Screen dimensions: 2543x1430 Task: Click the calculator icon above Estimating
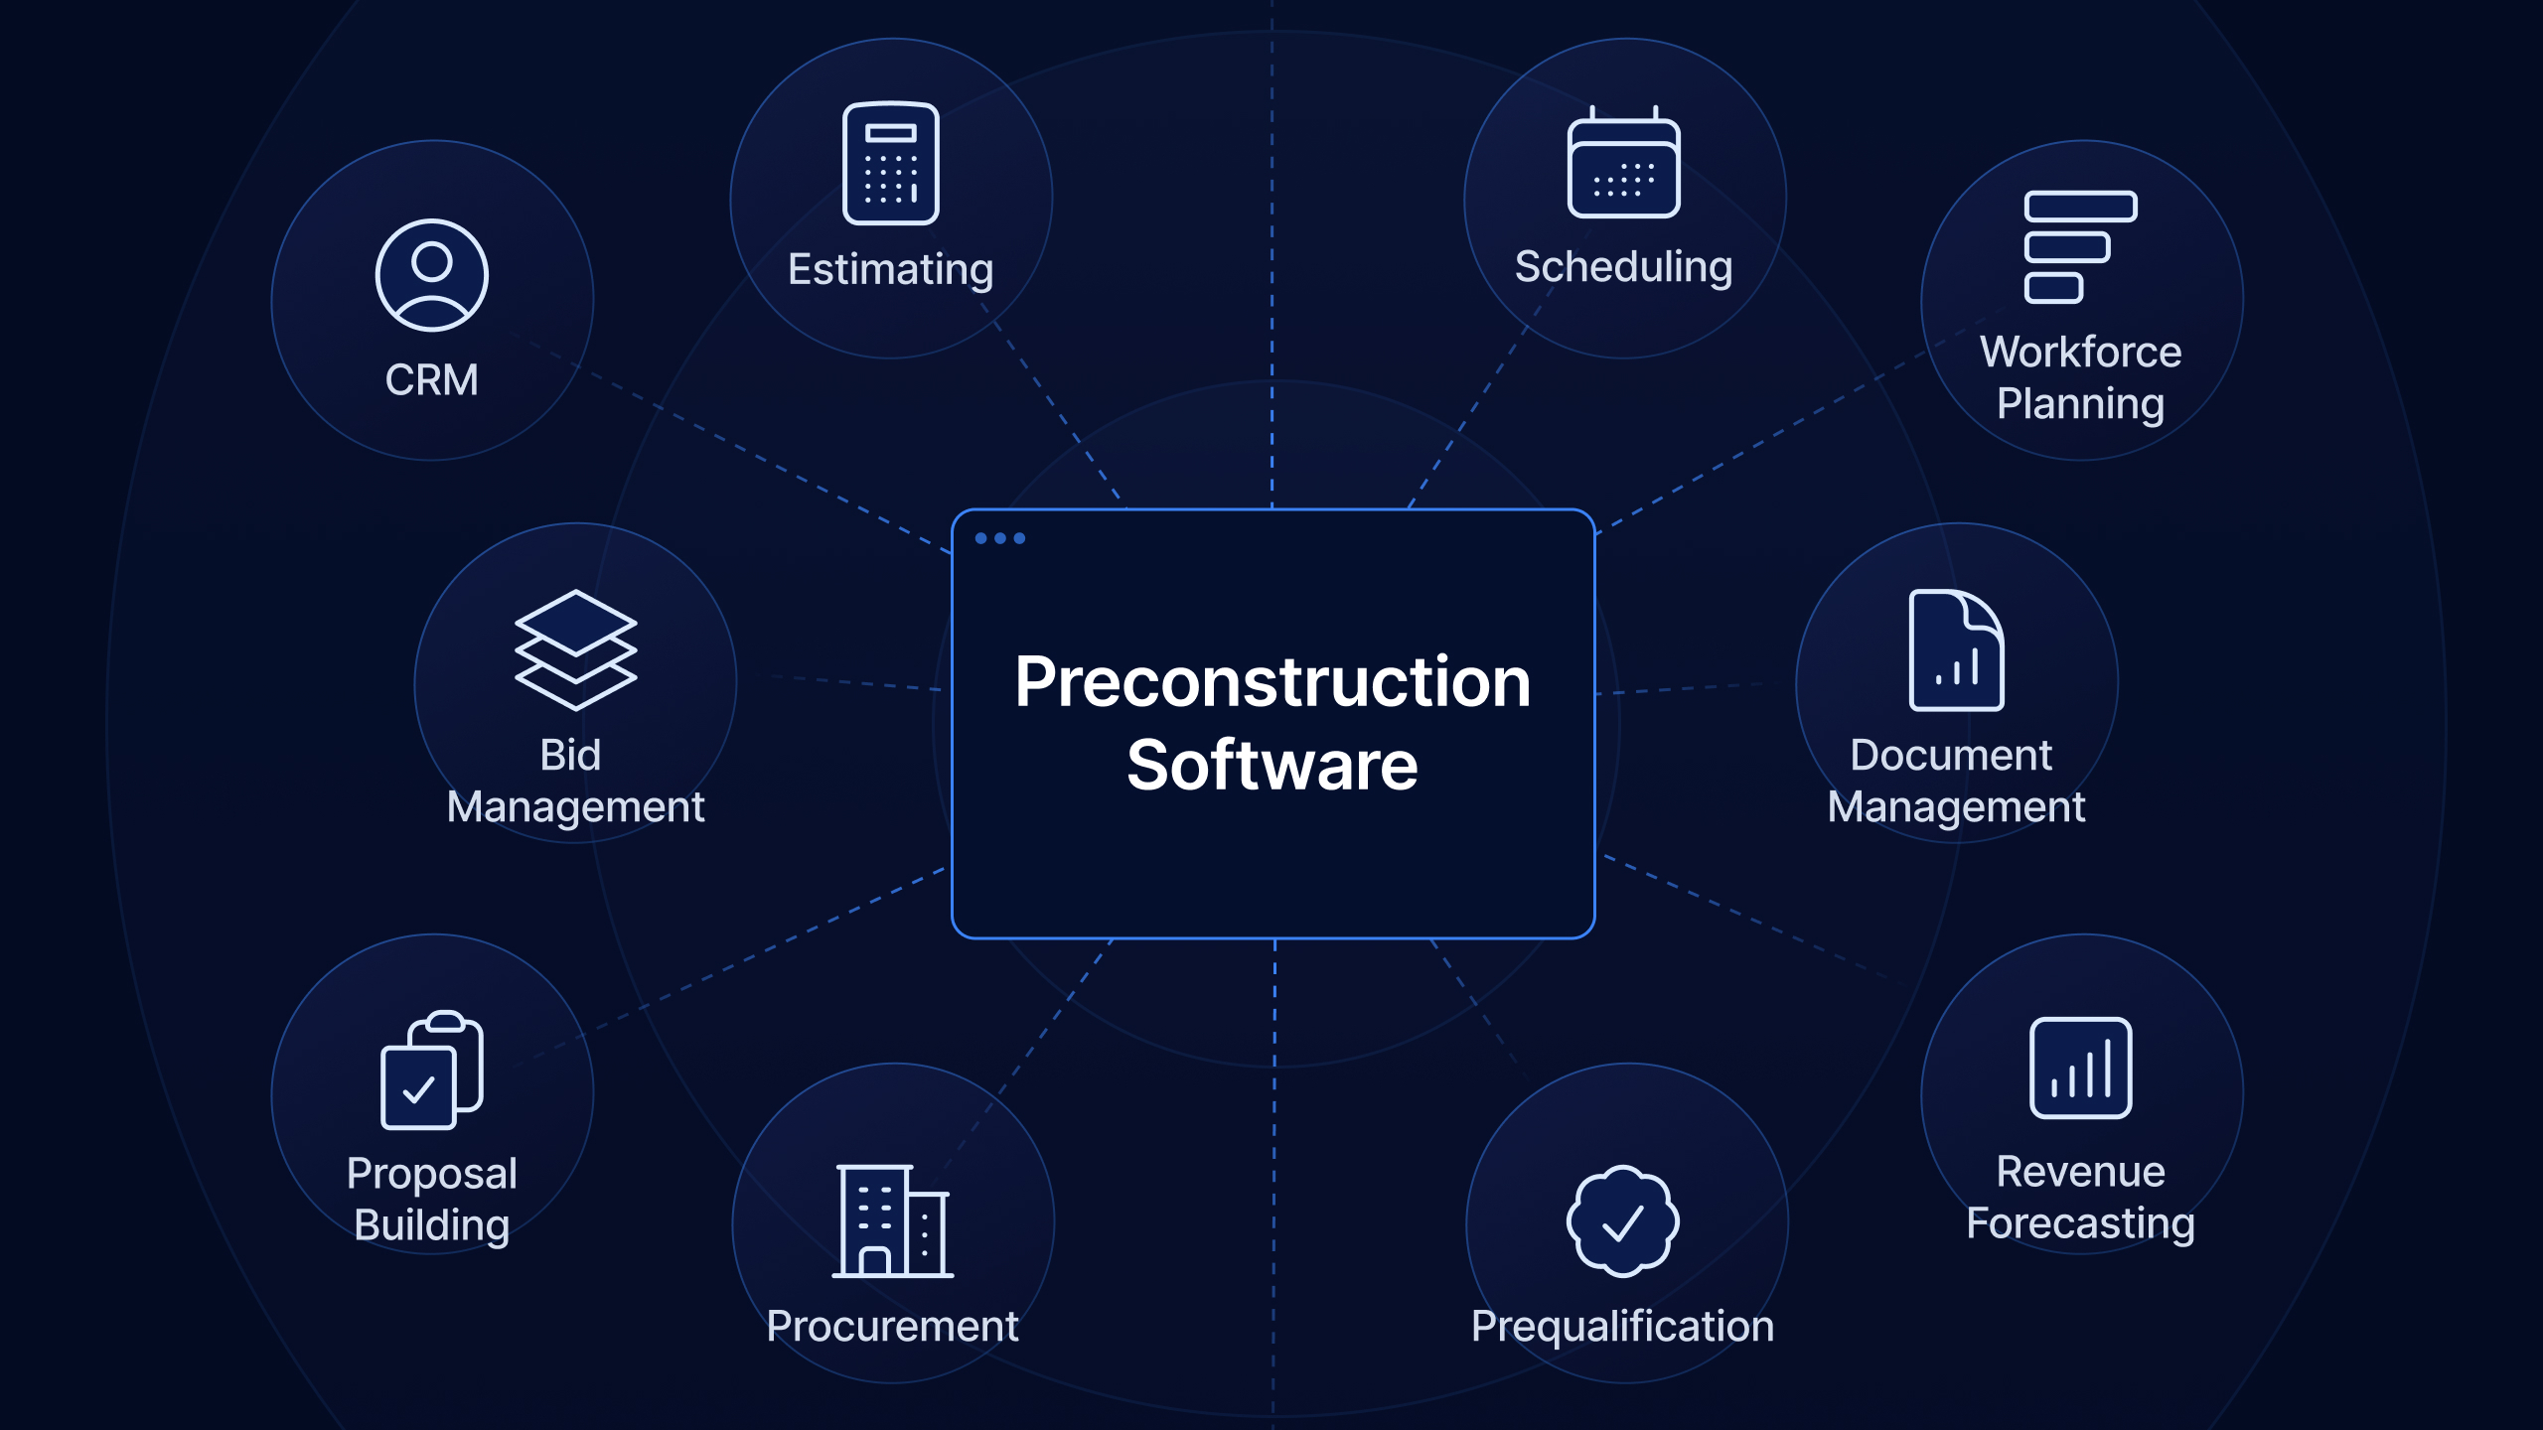tap(890, 164)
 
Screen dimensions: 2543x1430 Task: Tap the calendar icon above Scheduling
tap(1624, 162)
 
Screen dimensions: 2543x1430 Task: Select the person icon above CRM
tap(432, 275)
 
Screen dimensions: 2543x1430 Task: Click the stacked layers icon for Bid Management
tap(575, 649)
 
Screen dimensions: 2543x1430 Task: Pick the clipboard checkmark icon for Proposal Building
tap(432, 1070)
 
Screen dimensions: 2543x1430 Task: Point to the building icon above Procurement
tap(893, 1220)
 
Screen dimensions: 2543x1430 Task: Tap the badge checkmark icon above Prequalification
tap(1623, 1220)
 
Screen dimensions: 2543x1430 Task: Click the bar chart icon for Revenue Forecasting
tap(2081, 1068)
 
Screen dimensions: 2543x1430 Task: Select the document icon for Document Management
tap(1957, 649)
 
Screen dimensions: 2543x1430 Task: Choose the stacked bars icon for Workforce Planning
tap(2081, 246)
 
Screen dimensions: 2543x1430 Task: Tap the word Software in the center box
tap(1272, 765)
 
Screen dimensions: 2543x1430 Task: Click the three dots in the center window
tap(1000, 538)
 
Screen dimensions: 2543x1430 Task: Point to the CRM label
tap(432, 379)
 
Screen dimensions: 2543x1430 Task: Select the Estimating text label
tap(891, 269)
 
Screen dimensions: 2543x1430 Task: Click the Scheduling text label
tap(1624, 266)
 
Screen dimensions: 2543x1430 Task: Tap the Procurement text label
tap(893, 1326)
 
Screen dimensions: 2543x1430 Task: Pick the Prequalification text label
tap(1623, 1326)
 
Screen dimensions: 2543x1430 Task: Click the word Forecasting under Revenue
tap(2081, 1223)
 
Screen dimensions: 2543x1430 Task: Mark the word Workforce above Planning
tap(2081, 352)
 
